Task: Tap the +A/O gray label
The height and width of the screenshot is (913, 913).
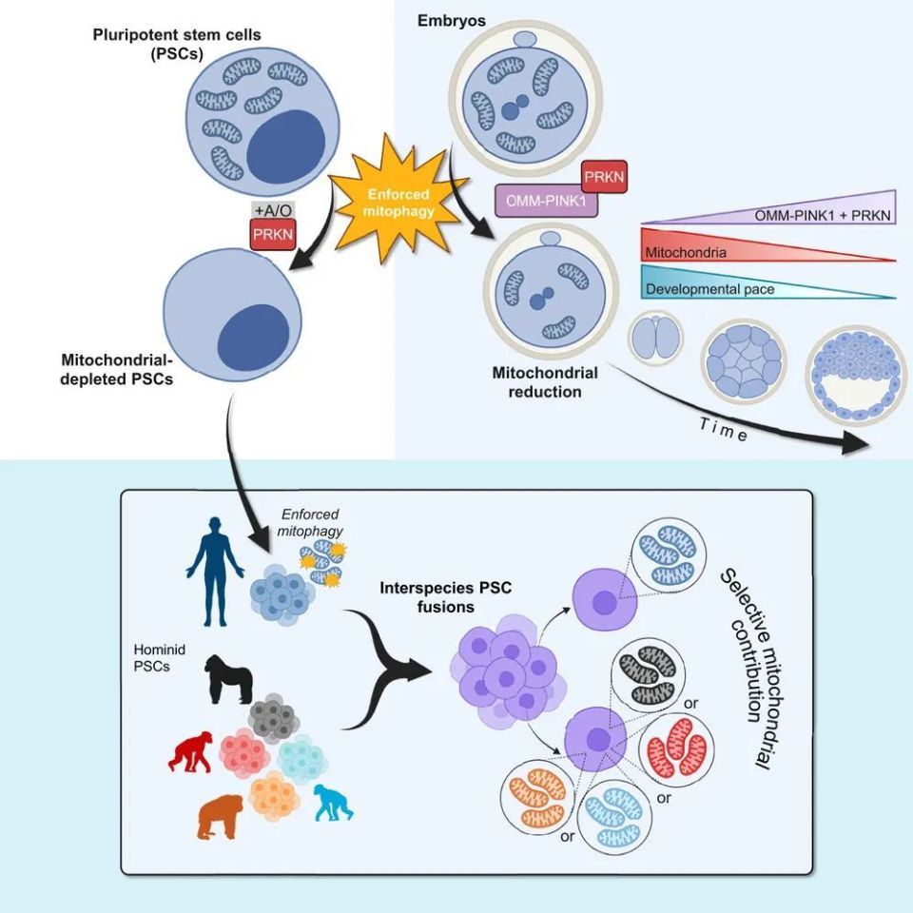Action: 269,210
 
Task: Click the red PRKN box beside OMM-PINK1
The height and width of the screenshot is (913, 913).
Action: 604,178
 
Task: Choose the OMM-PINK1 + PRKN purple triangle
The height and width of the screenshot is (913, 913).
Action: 818,211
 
